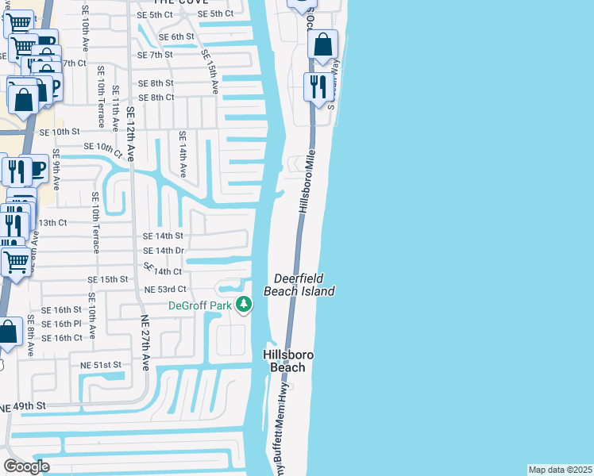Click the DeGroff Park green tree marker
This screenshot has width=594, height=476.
click(245, 305)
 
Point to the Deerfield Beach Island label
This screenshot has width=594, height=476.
click(304, 285)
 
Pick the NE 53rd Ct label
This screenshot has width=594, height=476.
click(165, 290)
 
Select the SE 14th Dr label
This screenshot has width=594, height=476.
click(163, 251)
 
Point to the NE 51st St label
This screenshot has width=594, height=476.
click(100, 364)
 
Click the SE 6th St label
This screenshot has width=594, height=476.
click(176, 37)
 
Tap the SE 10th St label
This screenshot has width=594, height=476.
click(60, 132)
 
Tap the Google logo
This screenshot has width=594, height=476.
click(26, 466)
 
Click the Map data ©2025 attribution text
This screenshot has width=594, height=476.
click(560, 470)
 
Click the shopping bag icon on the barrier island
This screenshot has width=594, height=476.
click(322, 46)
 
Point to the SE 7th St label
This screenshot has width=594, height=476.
click(155, 56)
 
